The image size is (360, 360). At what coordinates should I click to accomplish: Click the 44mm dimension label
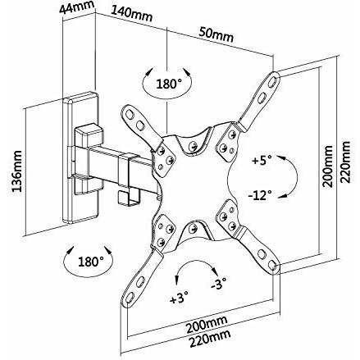(77, 7)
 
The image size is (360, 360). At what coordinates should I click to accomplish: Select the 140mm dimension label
(131, 14)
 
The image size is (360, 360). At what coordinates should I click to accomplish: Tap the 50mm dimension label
(216, 34)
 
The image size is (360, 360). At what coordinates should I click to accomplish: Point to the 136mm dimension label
(17, 171)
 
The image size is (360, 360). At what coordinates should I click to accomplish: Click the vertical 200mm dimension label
(328, 166)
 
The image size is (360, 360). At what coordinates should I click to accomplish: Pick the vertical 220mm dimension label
(344, 162)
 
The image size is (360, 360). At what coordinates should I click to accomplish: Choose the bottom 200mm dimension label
(207, 325)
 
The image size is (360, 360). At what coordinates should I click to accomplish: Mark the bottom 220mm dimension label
(210, 339)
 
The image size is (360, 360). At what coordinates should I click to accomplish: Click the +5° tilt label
(262, 161)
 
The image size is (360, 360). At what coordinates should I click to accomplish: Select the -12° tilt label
(260, 195)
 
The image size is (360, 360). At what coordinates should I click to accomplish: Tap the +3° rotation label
(180, 298)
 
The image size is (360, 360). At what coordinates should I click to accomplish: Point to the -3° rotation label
(219, 284)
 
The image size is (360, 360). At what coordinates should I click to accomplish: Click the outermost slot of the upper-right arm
(273, 80)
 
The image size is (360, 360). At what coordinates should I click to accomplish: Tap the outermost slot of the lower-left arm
(130, 298)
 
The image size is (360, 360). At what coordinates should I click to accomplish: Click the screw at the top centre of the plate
(194, 146)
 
